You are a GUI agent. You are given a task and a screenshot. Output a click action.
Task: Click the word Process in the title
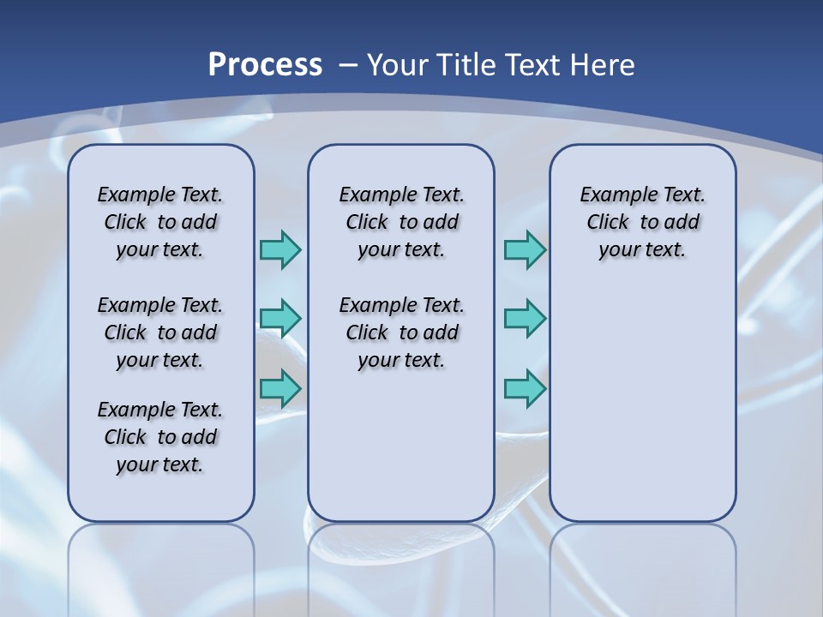point(265,65)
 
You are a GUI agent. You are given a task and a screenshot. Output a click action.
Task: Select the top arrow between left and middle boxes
point(280,249)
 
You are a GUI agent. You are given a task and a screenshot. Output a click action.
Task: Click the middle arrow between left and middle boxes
point(280,319)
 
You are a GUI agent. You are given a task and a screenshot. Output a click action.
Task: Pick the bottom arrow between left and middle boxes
point(280,389)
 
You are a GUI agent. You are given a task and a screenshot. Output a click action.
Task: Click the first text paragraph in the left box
point(160,222)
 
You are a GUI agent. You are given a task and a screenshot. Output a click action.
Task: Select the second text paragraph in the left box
point(160,332)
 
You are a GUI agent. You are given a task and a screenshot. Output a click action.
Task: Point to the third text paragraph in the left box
point(160,437)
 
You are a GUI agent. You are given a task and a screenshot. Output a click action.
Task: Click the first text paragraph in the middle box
point(402,222)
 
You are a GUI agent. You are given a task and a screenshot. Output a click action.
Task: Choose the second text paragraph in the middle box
point(402,332)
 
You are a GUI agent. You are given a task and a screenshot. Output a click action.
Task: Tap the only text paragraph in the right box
point(643,222)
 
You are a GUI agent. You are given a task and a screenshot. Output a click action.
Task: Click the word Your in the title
point(398,65)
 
